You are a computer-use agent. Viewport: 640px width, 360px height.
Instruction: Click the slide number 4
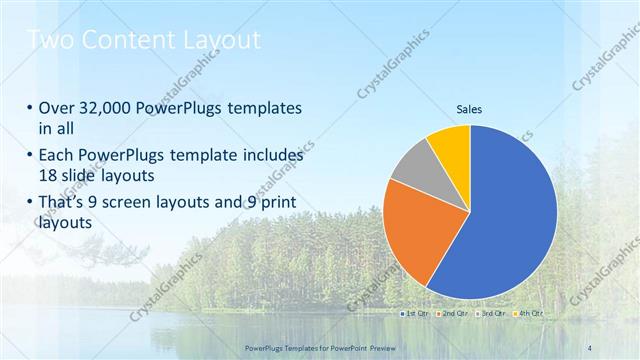pyautogui.click(x=589, y=346)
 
